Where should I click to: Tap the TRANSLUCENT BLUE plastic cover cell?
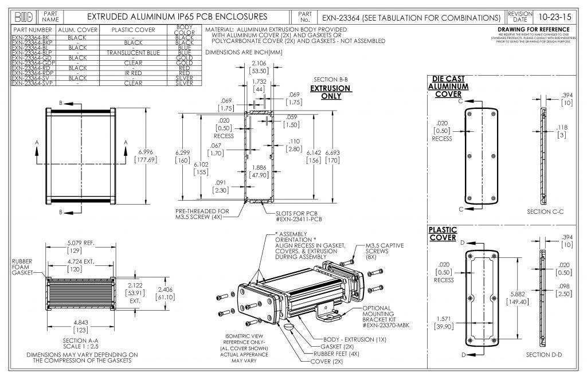(133, 53)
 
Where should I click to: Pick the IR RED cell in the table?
(133, 73)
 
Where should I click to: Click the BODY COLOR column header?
(184, 29)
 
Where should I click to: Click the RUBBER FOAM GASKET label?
(24, 269)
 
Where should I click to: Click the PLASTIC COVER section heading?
(443, 233)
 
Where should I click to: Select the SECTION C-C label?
(545, 212)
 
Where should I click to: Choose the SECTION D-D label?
(544, 355)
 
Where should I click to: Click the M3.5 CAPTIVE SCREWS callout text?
(384, 250)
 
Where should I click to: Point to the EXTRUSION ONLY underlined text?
(331, 92)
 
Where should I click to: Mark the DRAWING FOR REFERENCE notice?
(533, 29)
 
